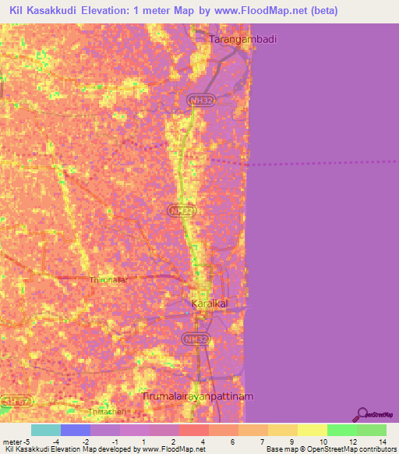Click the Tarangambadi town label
point(244,39)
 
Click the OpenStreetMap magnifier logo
point(364,414)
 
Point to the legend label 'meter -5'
point(16,442)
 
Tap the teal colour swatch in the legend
point(46,430)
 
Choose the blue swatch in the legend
point(76,430)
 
